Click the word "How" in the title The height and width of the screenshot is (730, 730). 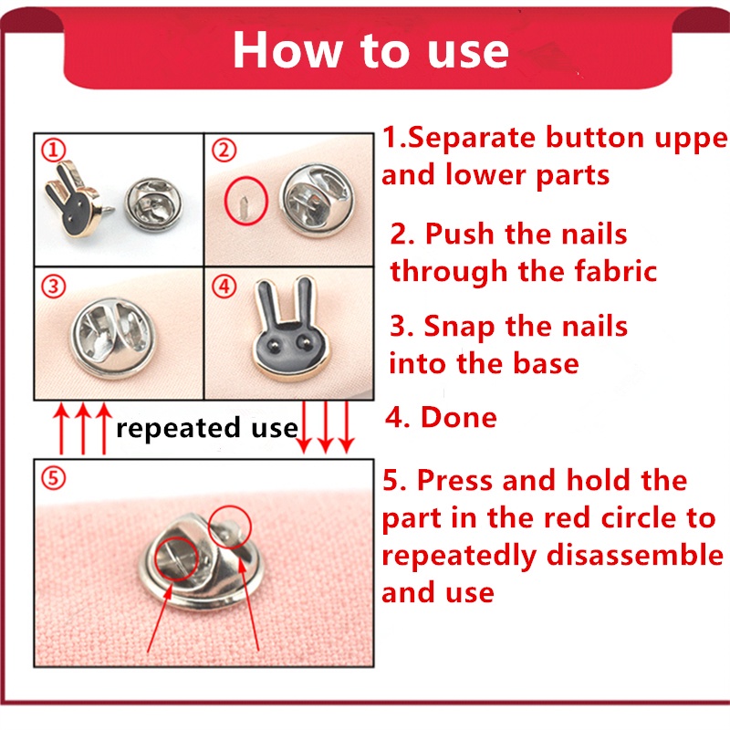(287, 50)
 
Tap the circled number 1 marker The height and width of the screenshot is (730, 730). (54, 150)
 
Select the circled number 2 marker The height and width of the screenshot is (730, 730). (224, 150)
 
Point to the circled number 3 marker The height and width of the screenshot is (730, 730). (54, 287)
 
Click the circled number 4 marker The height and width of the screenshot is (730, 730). (224, 287)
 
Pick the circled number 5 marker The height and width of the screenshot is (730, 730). (54, 477)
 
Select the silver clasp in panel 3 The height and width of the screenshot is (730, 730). (112, 339)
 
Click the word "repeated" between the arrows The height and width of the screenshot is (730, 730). (178, 428)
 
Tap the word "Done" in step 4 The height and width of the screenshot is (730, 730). (459, 417)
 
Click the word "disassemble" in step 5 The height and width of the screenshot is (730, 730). (635, 556)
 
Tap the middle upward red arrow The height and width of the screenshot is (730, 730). (83, 429)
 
